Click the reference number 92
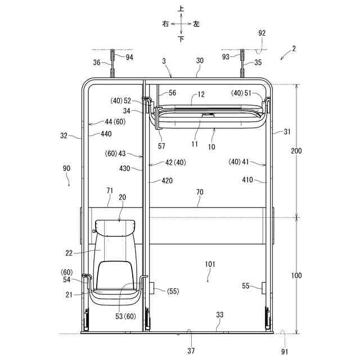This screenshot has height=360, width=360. pos(262,33)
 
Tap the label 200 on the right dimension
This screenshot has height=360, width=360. pos(296,151)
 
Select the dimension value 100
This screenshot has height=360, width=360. pos(296,275)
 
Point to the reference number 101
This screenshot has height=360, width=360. pos(210,264)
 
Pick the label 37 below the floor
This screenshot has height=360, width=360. pos(191,350)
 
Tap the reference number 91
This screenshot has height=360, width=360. pos(285,352)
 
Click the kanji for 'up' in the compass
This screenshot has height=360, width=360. pos(181,9)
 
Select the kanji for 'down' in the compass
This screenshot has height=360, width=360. pos(181,39)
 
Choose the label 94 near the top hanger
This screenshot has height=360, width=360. pos(129,57)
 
